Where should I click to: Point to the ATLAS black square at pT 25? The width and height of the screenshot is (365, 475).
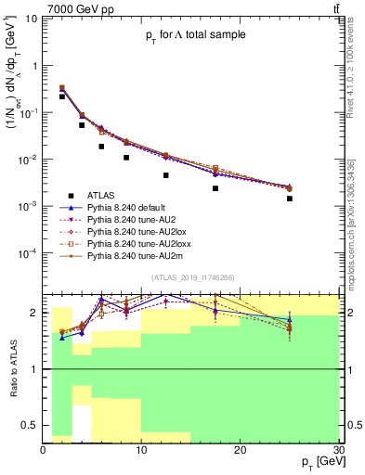(290, 199)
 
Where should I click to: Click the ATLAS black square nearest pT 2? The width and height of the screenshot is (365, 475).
(62, 96)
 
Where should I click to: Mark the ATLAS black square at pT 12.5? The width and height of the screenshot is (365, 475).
(166, 175)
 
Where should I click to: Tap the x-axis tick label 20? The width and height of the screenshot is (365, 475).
(240, 450)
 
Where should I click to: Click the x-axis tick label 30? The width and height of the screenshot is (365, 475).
(338, 450)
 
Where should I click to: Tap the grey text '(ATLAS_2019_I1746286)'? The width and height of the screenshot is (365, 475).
(191, 277)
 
